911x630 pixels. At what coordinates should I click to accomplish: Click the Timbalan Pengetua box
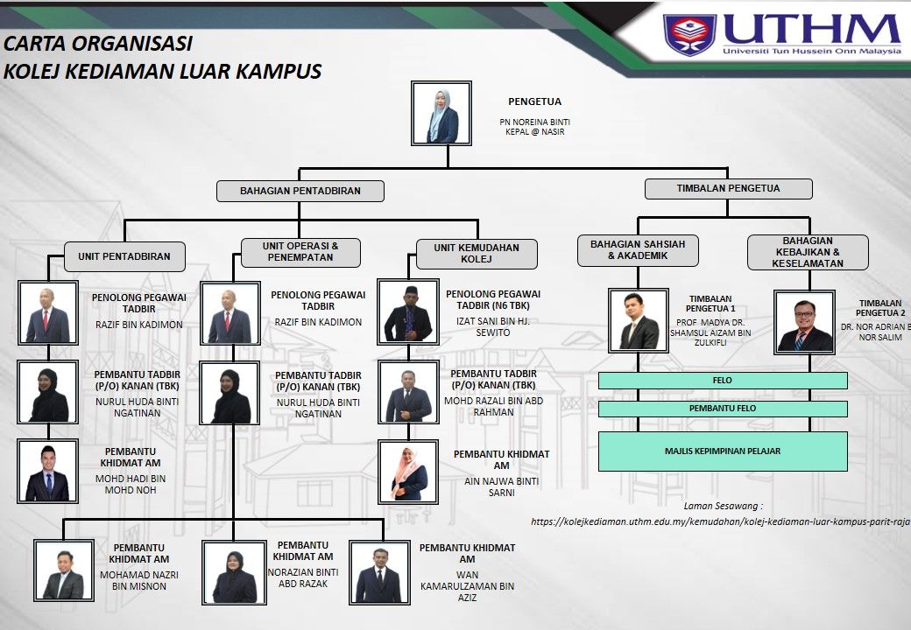pos(728,188)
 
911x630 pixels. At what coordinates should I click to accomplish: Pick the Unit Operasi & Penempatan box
pos(300,252)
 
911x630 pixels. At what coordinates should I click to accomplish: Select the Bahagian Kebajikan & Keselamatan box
pos(808,251)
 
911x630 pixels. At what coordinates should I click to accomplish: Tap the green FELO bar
pos(723,381)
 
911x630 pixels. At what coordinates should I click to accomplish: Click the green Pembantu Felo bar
pos(723,409)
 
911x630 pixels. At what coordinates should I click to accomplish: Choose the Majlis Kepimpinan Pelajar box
pos(723,451)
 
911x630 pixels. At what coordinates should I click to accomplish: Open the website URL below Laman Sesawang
pos(720,521)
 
